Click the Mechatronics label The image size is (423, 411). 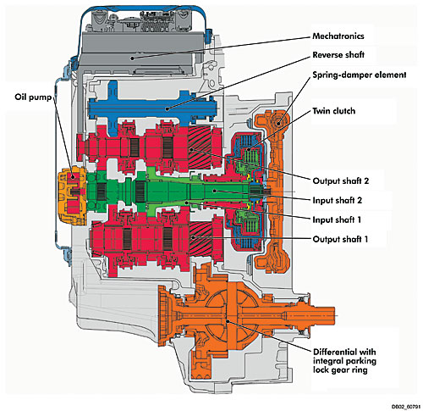coord(338,36)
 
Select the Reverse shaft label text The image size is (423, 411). coord(338,54)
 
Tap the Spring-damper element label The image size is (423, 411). coord(360,75)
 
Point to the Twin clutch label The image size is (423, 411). coord(334,111)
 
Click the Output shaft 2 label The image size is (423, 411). coord(341,181)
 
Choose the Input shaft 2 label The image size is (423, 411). coord(338,200)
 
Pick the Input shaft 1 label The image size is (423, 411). coord(337,219)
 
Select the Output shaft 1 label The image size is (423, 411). coord(340,239)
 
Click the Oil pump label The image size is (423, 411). coord(33,97)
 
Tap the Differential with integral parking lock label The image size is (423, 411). coord(344,361)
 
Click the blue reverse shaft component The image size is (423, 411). coord(152,108)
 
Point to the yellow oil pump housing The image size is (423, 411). coord(72,196)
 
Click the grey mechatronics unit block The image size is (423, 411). coord(142,53)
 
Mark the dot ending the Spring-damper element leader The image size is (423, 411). coord(278,123)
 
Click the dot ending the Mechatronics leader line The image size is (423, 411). coord(132,58)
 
